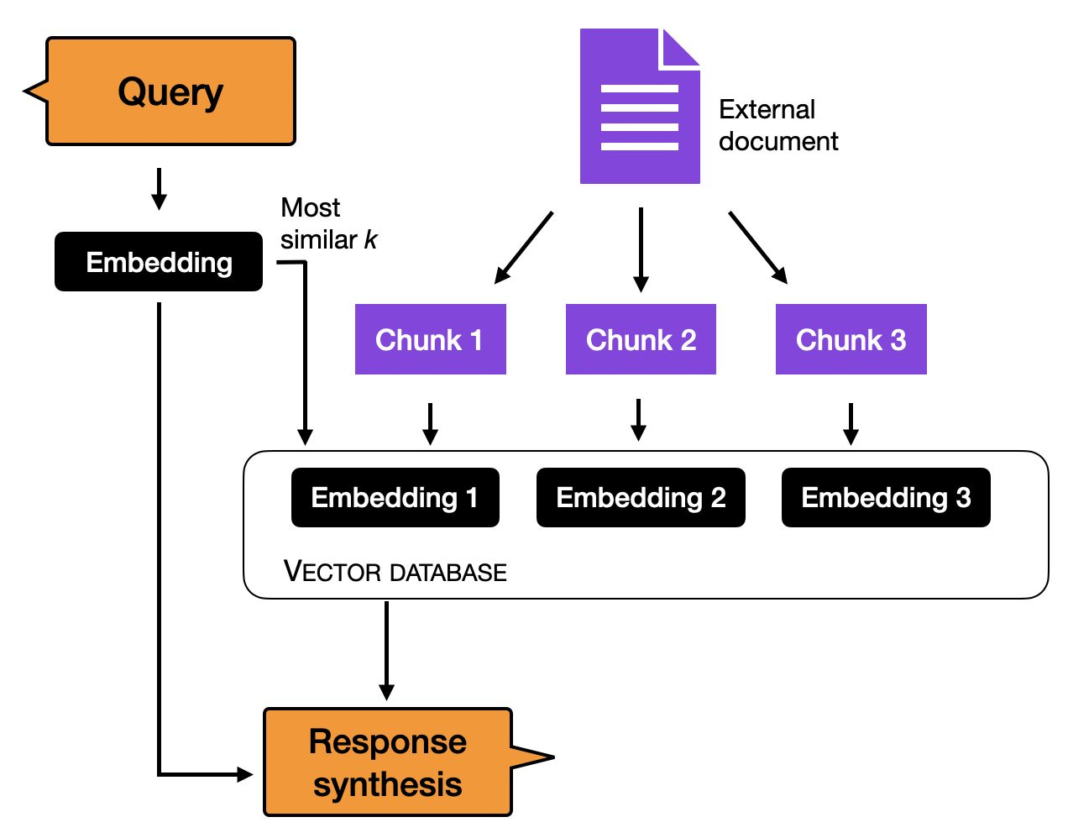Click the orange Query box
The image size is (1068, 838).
(170, 92)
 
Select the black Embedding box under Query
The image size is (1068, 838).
(159, 262)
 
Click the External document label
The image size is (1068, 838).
(777, 125)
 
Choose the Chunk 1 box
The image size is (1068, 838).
(430, 339)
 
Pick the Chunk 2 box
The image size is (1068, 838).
(641, 339)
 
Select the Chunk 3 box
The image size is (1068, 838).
(851, 339)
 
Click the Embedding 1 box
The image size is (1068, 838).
(395, 497)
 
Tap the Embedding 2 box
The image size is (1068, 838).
(641, 497)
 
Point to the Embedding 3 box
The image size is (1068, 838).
(886, 497)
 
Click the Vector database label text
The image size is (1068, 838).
(395, 572)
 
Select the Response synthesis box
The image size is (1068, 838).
(387, 762)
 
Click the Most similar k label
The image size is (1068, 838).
(327, 223)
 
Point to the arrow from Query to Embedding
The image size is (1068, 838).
(159, 189)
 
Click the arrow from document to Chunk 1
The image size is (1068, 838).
(524, 247)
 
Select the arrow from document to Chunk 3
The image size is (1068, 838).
(757, 247)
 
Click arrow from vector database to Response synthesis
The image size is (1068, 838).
(386, 651)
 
